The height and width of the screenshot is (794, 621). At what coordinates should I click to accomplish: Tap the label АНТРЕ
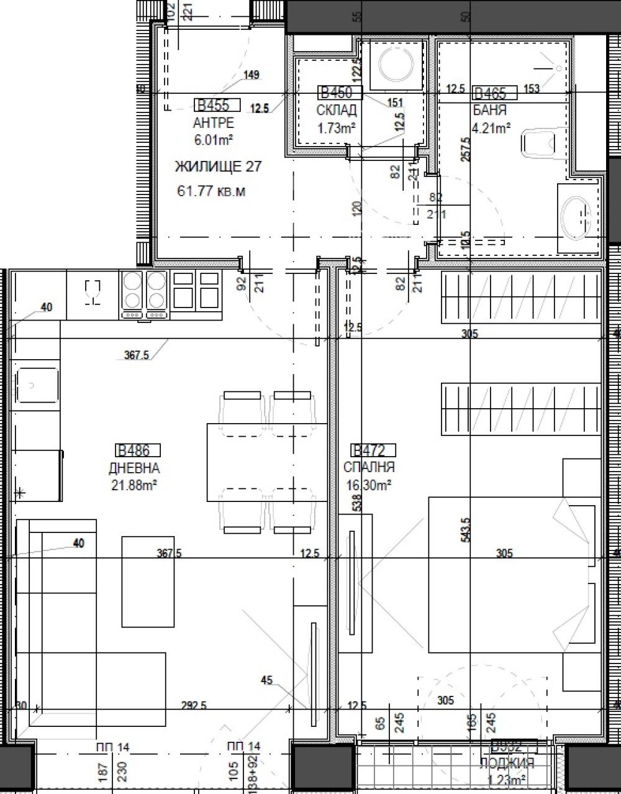(214, 122)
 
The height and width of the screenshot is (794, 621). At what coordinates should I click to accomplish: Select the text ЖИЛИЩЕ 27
(209, 167)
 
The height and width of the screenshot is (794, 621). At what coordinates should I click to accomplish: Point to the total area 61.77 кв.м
(211, 191)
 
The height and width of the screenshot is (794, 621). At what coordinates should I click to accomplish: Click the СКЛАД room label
(337, 111)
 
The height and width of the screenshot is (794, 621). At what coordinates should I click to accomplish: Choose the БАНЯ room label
(490, 111)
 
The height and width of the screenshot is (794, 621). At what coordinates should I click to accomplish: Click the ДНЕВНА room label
(134, 468)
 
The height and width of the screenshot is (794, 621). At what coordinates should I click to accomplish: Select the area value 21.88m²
(134, 485)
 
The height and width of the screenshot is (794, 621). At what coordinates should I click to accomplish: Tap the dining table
(267, 462)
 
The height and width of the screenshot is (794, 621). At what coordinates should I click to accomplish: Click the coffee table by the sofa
(148, 581)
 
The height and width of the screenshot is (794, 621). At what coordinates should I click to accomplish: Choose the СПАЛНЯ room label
(369, 467)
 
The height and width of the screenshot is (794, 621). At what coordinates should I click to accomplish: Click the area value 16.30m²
(368, 485)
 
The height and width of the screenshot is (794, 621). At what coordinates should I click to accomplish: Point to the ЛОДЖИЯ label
(506, 764)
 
